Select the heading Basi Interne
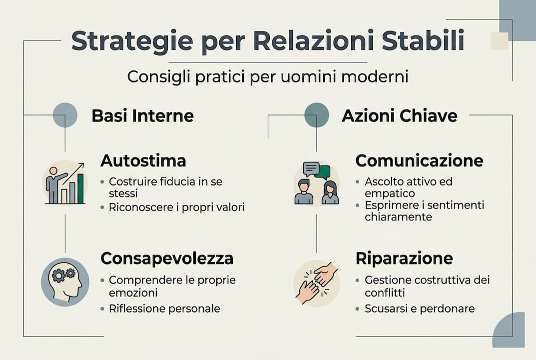[142, 116]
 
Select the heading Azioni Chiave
[399, 116]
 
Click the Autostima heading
[143, 160]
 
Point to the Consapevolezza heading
[167, 258]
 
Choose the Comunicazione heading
[419, 160]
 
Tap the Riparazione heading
[404, 258]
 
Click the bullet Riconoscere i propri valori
[176, 207]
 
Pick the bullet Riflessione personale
[164, 308]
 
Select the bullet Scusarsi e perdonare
[420, 308]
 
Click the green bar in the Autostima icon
[80, 188]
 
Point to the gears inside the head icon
[64, 273]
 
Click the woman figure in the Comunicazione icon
[330, 193]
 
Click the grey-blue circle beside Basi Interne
[65, 115]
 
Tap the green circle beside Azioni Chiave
[316, 115]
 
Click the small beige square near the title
[499, 41]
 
